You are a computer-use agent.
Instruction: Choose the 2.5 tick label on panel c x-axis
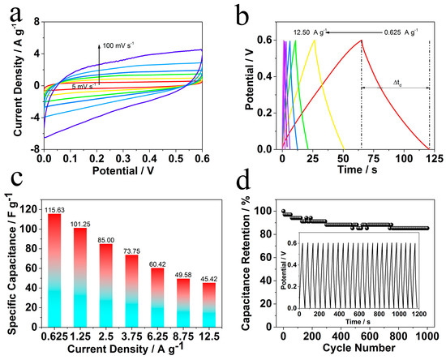105,336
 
